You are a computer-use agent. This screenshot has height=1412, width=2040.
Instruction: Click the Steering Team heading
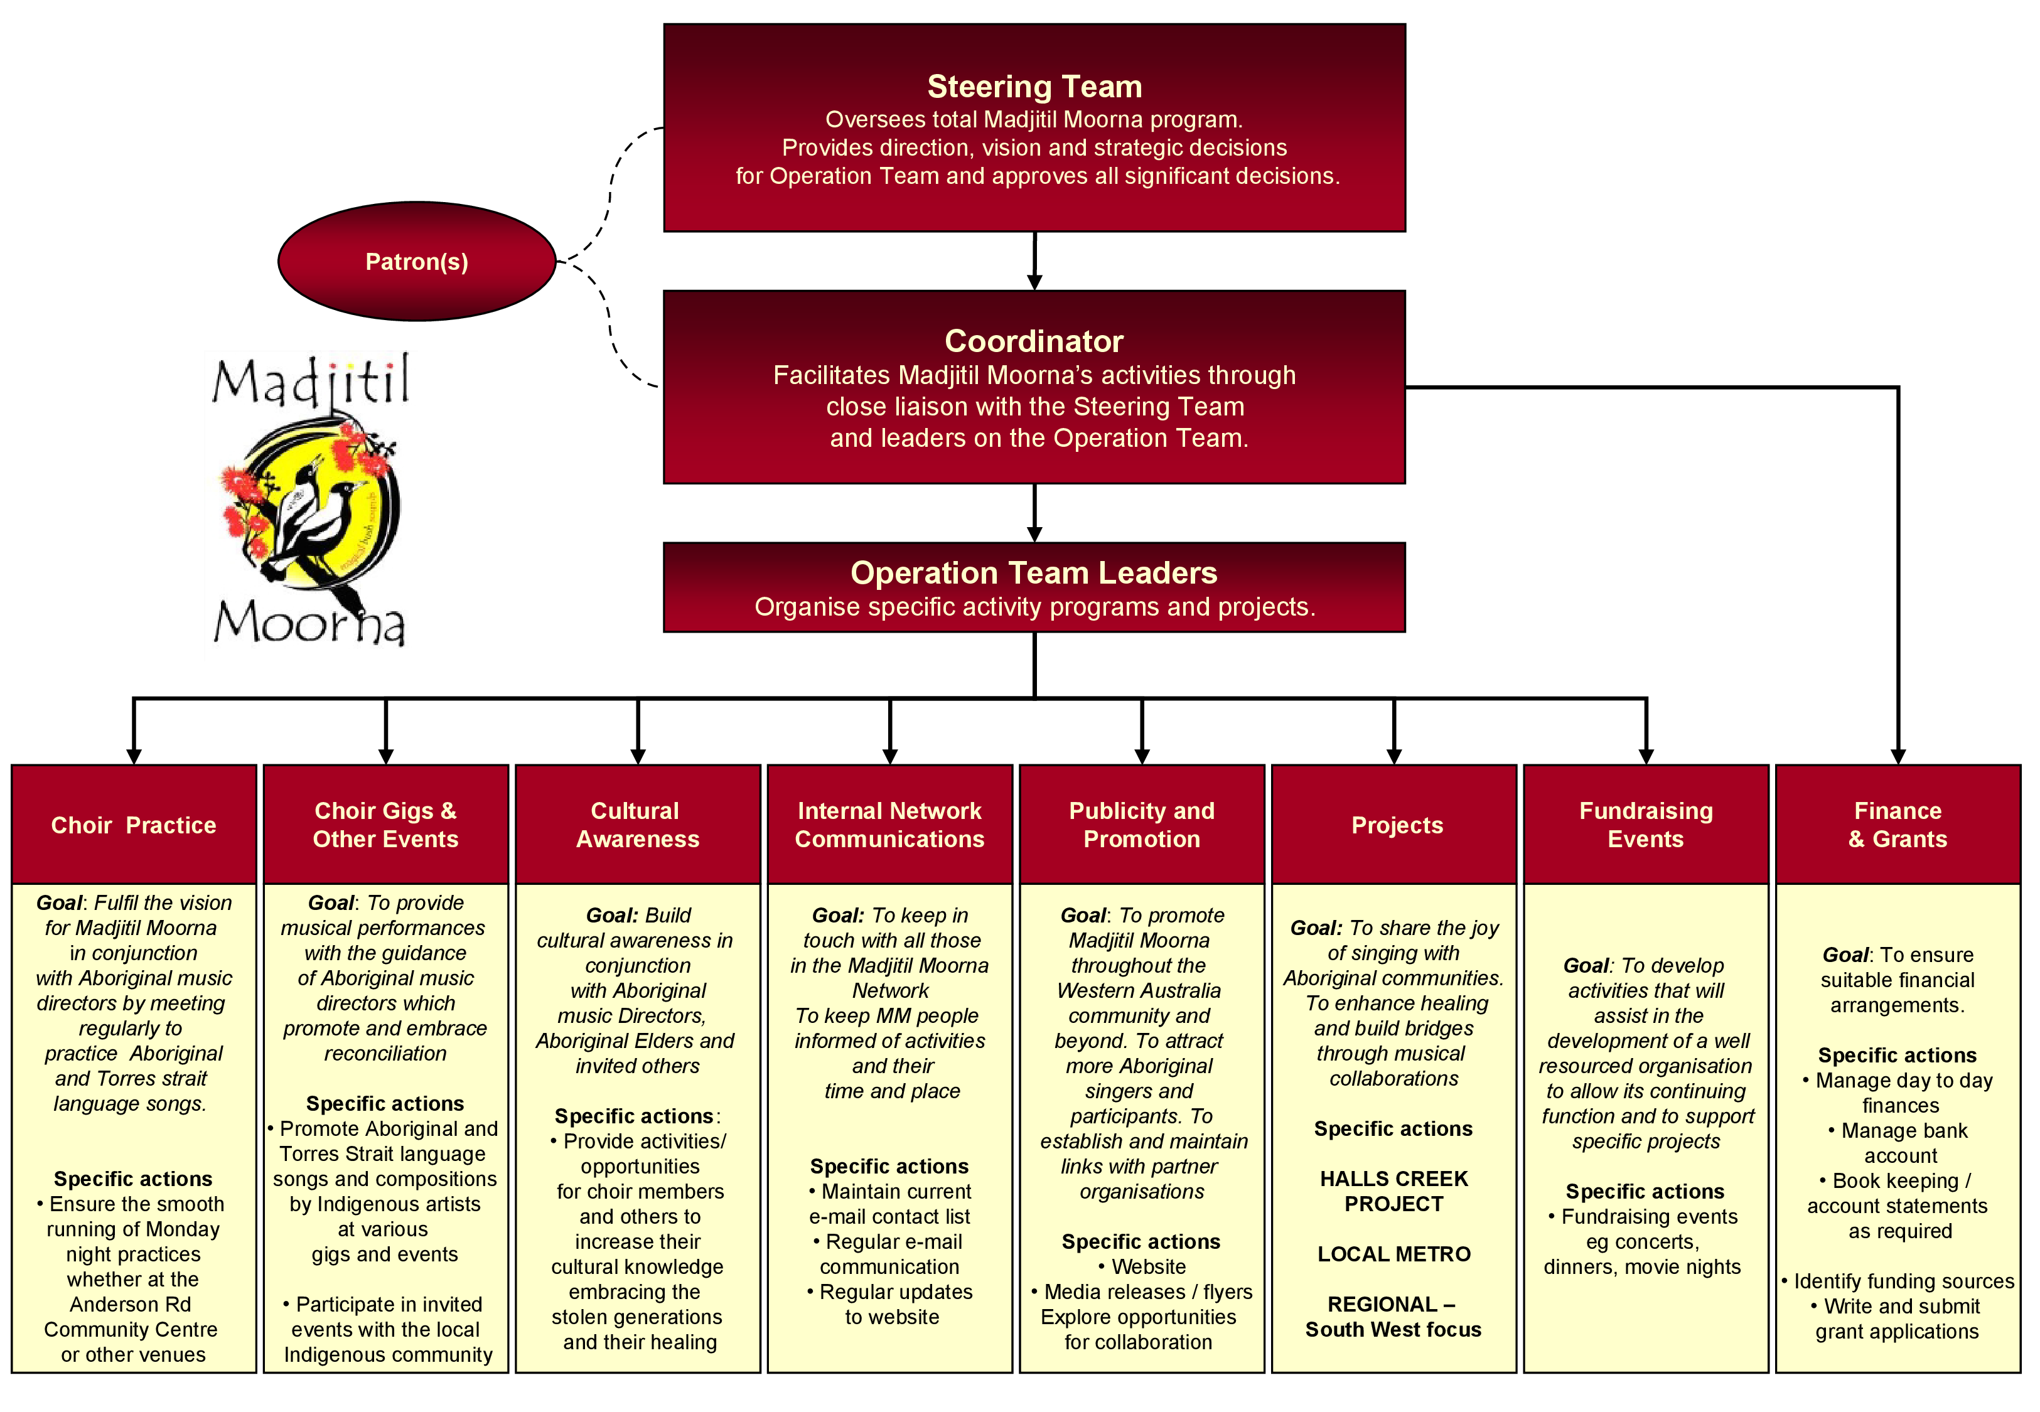click(1034, 87)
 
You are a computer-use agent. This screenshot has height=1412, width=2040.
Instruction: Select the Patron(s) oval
click(417, 262)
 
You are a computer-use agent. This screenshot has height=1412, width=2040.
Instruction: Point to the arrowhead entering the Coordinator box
click(1034, 282)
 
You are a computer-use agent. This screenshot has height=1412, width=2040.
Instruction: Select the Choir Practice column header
click(134, 825)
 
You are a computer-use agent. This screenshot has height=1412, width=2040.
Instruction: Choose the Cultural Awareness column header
click(637, 825)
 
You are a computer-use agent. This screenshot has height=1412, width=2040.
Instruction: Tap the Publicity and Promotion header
click(1141, 825)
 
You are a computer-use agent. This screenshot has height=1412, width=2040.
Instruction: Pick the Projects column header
click(1396, 825)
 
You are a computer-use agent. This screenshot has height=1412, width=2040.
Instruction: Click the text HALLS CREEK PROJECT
click(1393, 1191)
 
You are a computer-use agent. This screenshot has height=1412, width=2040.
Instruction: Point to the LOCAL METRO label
click(1393, 1254)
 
